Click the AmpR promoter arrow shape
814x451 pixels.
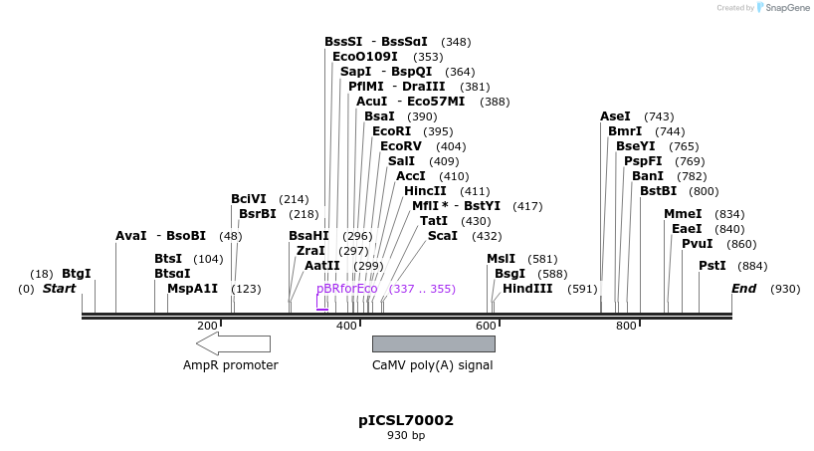click(233, 343)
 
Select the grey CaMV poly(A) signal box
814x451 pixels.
click(433, 343)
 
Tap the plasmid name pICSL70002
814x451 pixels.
click(406, 420)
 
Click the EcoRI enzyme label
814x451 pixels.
click(391, 131)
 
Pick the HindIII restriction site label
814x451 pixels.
click(528, 289)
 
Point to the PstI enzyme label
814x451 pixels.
click(712, 266)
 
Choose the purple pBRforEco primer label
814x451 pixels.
click(347, 289)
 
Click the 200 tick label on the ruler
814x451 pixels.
click(207, 326)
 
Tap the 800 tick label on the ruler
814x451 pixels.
click(625, 326)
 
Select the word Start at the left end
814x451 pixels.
click(59, 289)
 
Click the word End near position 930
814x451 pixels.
click(743, 289)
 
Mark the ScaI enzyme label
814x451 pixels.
click(443, 236)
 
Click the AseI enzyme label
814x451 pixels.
click(615, 116)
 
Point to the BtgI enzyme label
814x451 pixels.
click(77, 273)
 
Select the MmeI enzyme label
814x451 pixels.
click(683, 214)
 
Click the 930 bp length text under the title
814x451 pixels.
click(406, 436)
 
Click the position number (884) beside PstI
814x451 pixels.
click(753, 266)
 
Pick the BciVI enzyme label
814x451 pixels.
click(249, 199)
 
